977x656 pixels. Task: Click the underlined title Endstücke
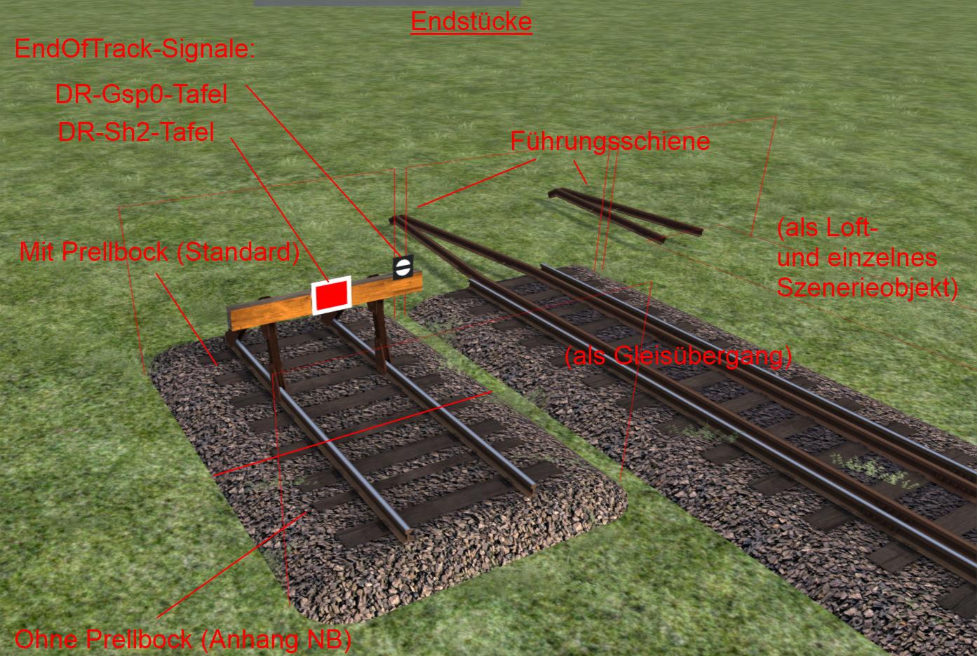coord(471,22)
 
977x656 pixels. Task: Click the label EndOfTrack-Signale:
coord(135,50)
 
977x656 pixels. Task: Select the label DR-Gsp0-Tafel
coord(141,95)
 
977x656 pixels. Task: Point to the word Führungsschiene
coord(609,141)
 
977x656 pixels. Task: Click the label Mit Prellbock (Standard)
coord(159,252)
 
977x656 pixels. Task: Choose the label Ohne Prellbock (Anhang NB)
coord(182,639)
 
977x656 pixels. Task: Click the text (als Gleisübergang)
coord(678,357)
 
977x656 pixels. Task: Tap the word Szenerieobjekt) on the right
coord(867,287)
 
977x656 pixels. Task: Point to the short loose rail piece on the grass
coord(624,212)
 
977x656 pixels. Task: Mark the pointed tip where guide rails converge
coord(395,219)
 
